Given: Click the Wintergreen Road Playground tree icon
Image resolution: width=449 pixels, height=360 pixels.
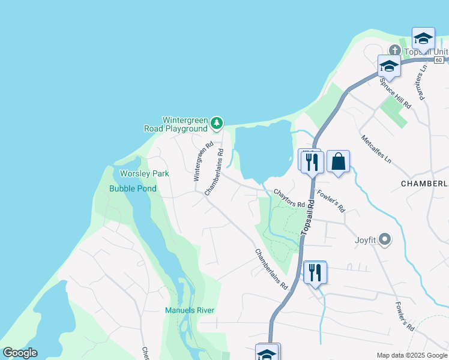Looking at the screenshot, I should [217, 124].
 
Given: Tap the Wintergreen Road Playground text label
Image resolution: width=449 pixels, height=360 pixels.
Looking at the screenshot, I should [176, 125].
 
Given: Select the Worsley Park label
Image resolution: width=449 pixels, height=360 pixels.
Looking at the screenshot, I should [145, 173].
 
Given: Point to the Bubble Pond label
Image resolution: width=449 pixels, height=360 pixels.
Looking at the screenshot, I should [133, 188].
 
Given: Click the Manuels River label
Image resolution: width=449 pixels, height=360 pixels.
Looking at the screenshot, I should [190, 310].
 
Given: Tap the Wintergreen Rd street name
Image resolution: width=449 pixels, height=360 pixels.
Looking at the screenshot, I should [203, 161].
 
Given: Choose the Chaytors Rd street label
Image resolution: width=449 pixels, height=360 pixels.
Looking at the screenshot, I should [289, 199].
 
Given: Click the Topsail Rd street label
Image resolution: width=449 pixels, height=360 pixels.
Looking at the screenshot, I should [307, 217].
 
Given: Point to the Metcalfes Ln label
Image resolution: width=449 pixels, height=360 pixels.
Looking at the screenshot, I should [376, 149].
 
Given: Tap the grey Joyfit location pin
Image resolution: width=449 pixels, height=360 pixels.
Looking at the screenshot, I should [385, 241].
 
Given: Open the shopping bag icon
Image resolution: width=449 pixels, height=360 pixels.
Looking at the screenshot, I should [338, 161].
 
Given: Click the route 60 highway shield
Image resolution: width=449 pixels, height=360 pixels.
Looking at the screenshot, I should [439, 60].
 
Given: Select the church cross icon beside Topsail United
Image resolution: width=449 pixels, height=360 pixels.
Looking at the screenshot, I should [394, 50].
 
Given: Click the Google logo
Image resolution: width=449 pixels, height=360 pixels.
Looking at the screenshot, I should [20, 353].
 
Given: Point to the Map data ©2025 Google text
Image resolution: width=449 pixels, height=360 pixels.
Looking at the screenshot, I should [412, 355].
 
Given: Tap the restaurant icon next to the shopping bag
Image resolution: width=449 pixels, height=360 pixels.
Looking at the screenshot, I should [312, 161].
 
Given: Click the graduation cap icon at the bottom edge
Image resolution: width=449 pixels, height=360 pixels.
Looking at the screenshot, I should [267, 353].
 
